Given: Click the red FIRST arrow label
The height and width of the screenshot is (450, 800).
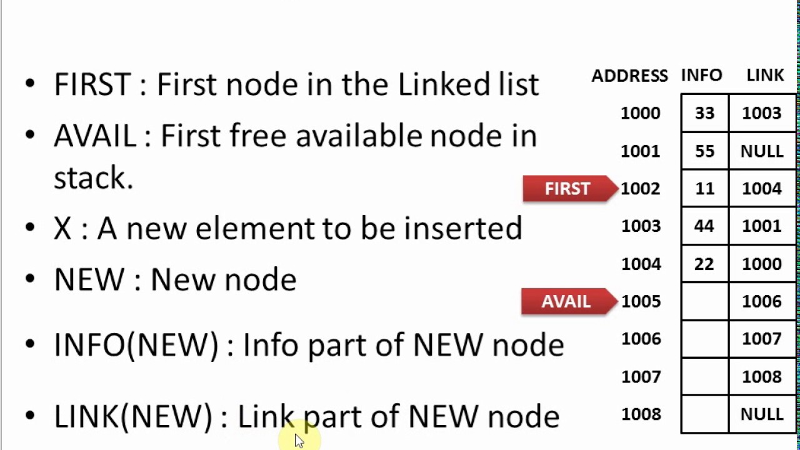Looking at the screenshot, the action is (x=571, y=189).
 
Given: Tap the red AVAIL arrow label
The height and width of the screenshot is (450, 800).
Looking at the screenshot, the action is (x=569, y=301).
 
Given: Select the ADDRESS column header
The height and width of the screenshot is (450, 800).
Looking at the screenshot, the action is (x=629, y=76).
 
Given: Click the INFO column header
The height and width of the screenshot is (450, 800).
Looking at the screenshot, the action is (x=702, y=75).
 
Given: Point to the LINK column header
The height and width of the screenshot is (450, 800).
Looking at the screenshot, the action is (x=765, y=75).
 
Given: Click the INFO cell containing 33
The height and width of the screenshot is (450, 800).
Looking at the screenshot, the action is (x=704, y=113).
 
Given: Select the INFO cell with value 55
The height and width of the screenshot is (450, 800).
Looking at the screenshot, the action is (x=704, y=151).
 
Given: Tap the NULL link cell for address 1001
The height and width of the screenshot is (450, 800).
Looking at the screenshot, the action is (x=762, y=151).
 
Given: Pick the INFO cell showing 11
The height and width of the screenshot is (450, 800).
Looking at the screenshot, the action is (x=704, y=189).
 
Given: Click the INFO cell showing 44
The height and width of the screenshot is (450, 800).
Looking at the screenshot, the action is (x=704, y=226).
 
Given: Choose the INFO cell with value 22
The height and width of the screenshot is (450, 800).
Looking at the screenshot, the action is (x=704, y=264).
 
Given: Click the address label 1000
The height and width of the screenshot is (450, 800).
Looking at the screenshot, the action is (x=641, y=113).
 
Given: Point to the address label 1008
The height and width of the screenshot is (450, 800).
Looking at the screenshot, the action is (x=641, y=414).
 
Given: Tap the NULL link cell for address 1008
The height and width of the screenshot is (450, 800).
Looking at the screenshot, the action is (x=762, y=414).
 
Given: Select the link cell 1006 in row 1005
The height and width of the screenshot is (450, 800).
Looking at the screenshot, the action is (x=762, y=301).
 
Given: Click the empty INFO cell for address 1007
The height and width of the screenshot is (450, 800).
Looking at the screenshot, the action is (x=704, y=376).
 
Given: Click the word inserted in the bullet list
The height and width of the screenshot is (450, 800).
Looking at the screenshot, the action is (x=463, y=228).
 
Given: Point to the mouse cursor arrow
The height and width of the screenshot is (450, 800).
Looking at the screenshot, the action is (x=299, y=441).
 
